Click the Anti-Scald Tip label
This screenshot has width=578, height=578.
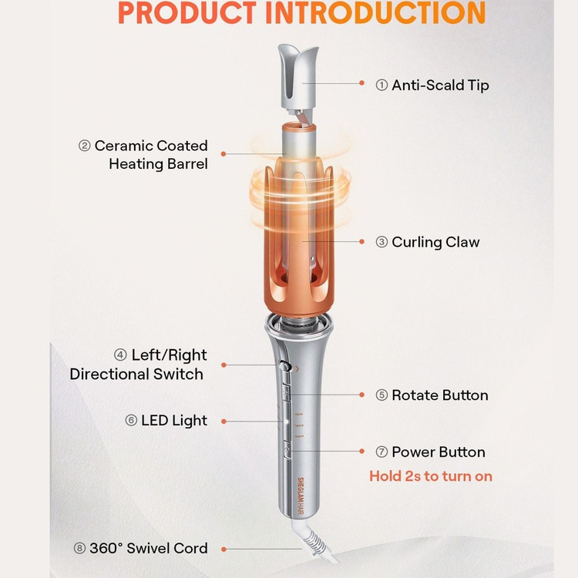[x=440, y=85]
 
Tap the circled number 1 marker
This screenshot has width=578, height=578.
[x=381, y=85]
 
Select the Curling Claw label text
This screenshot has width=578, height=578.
[x=435, y=242]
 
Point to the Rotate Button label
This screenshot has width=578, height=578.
[x=440, y=395]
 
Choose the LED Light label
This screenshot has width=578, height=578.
[x=174, y=421]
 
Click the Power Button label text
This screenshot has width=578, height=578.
[x=439, y=452]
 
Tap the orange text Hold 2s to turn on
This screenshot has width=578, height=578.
[x=431, y=476]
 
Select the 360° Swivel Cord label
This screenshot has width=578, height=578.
[x=149, y=548]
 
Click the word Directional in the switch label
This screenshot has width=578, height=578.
[x=109, y=374]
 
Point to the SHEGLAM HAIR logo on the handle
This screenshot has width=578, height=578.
[x=301, y=496]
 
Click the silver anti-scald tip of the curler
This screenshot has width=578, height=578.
[x=297, y=76]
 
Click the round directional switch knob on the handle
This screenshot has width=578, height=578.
[x=284, y=366]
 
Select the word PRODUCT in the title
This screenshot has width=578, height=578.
[x=187, y=13]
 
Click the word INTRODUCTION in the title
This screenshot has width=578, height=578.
[x=375, y=13]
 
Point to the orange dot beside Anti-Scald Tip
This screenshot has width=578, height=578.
[x=361, y=83]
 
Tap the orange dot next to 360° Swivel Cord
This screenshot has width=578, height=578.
[x=223, y=549]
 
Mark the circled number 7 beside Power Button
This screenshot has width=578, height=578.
[x=381, y=452]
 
